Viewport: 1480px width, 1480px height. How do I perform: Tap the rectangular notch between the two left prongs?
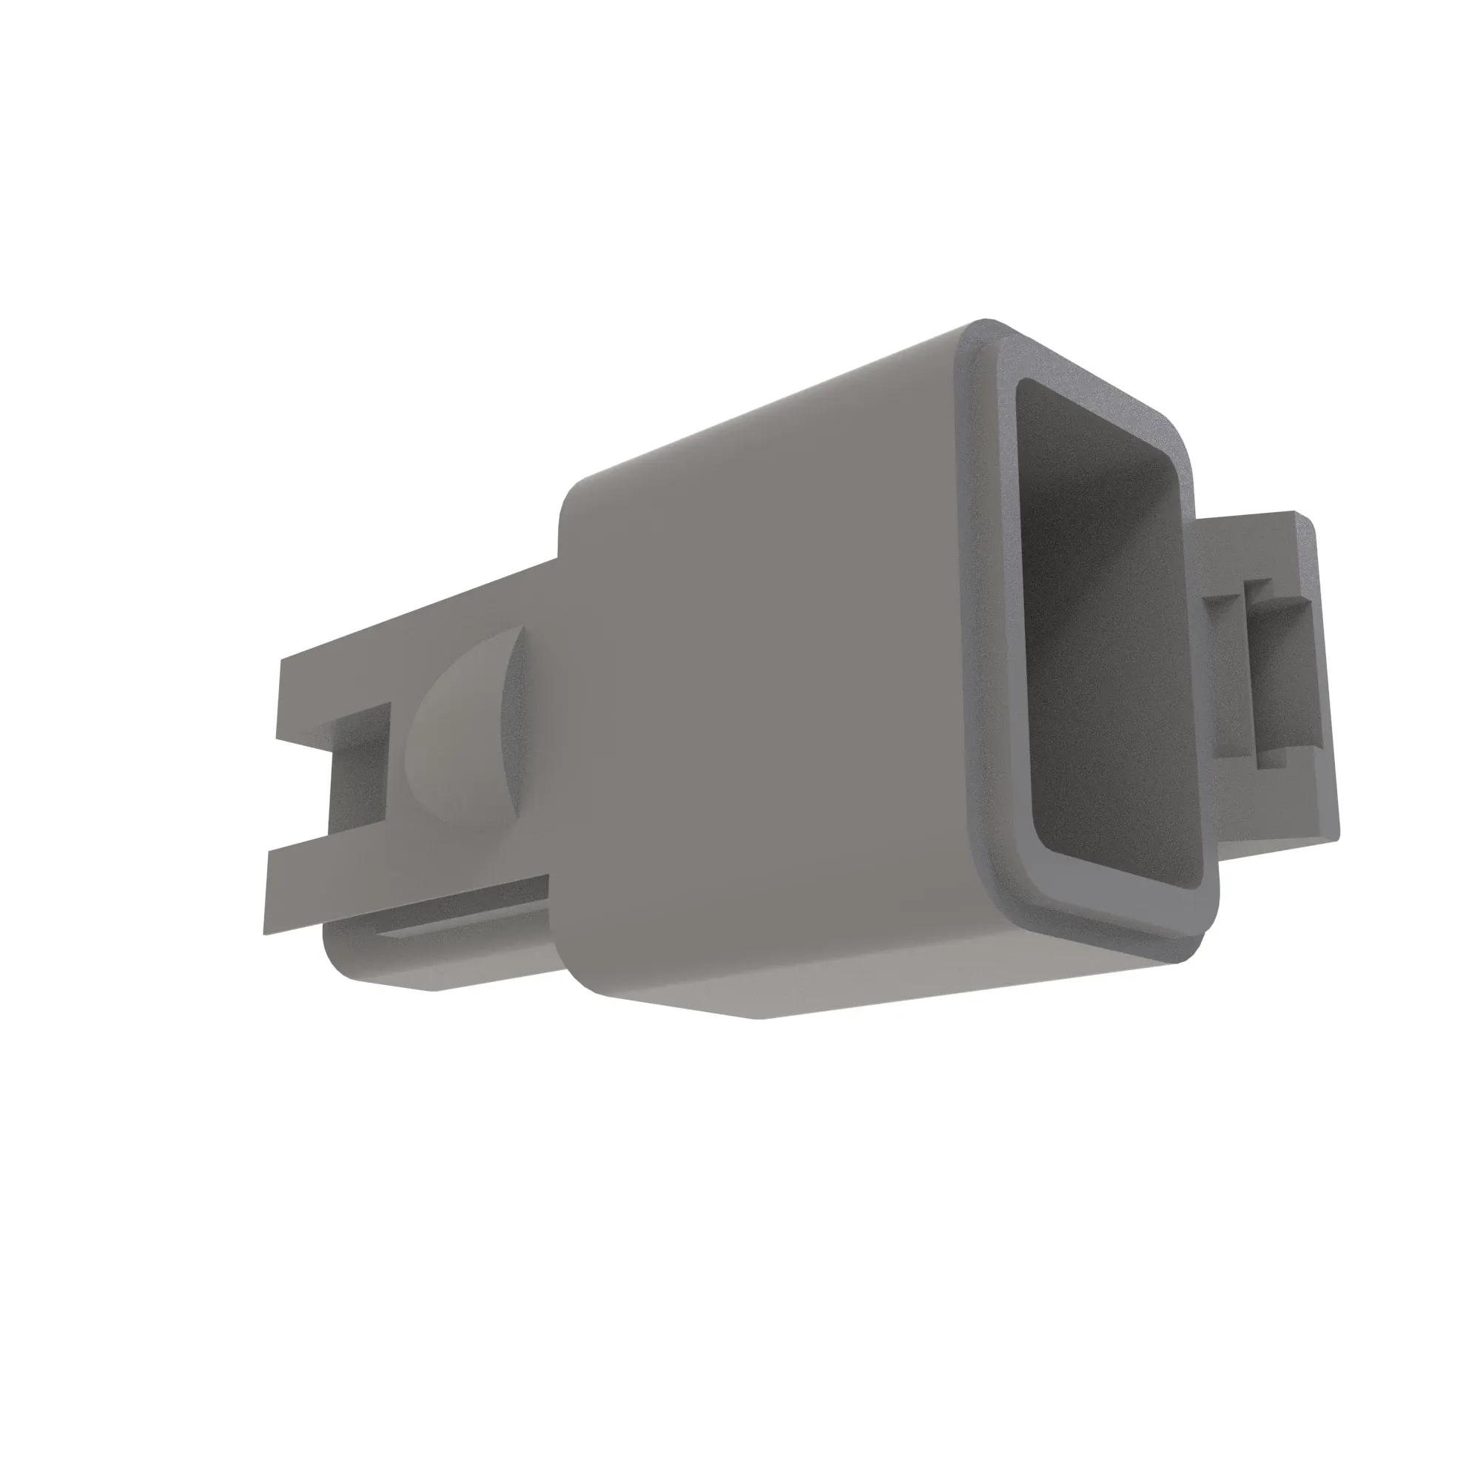(358, 774)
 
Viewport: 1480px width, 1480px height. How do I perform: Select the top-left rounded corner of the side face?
(574, 498)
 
